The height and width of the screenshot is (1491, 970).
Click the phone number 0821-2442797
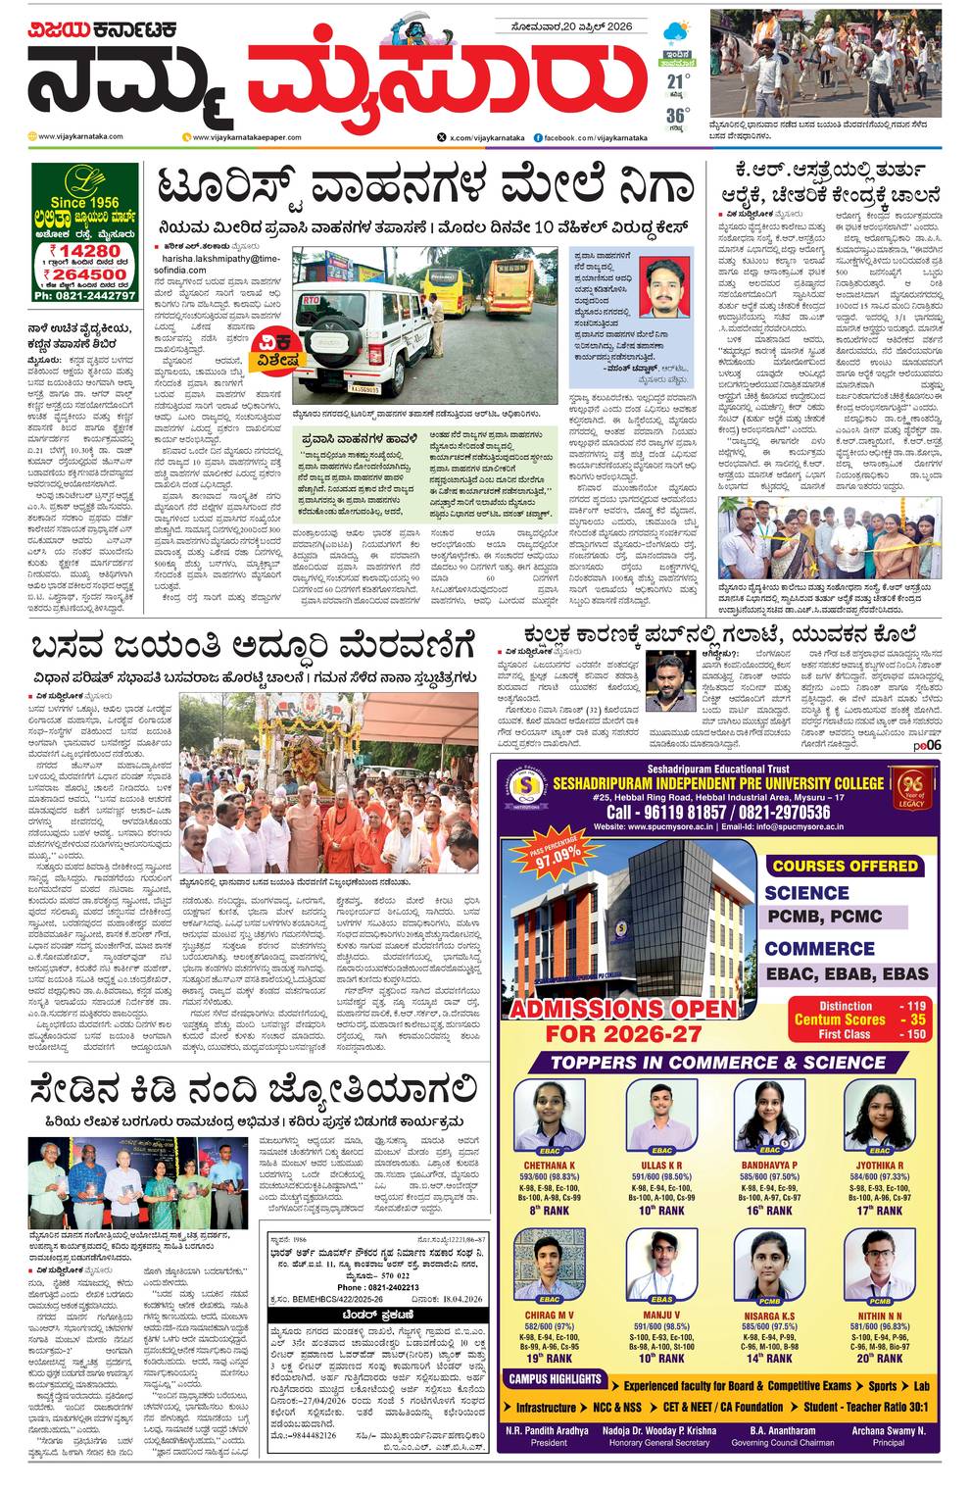[83, 295]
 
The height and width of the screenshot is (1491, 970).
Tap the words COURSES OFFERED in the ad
[845, 866]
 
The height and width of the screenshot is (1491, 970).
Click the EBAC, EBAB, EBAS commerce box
[845, 973]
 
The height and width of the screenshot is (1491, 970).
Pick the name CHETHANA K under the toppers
[550, 1165]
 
